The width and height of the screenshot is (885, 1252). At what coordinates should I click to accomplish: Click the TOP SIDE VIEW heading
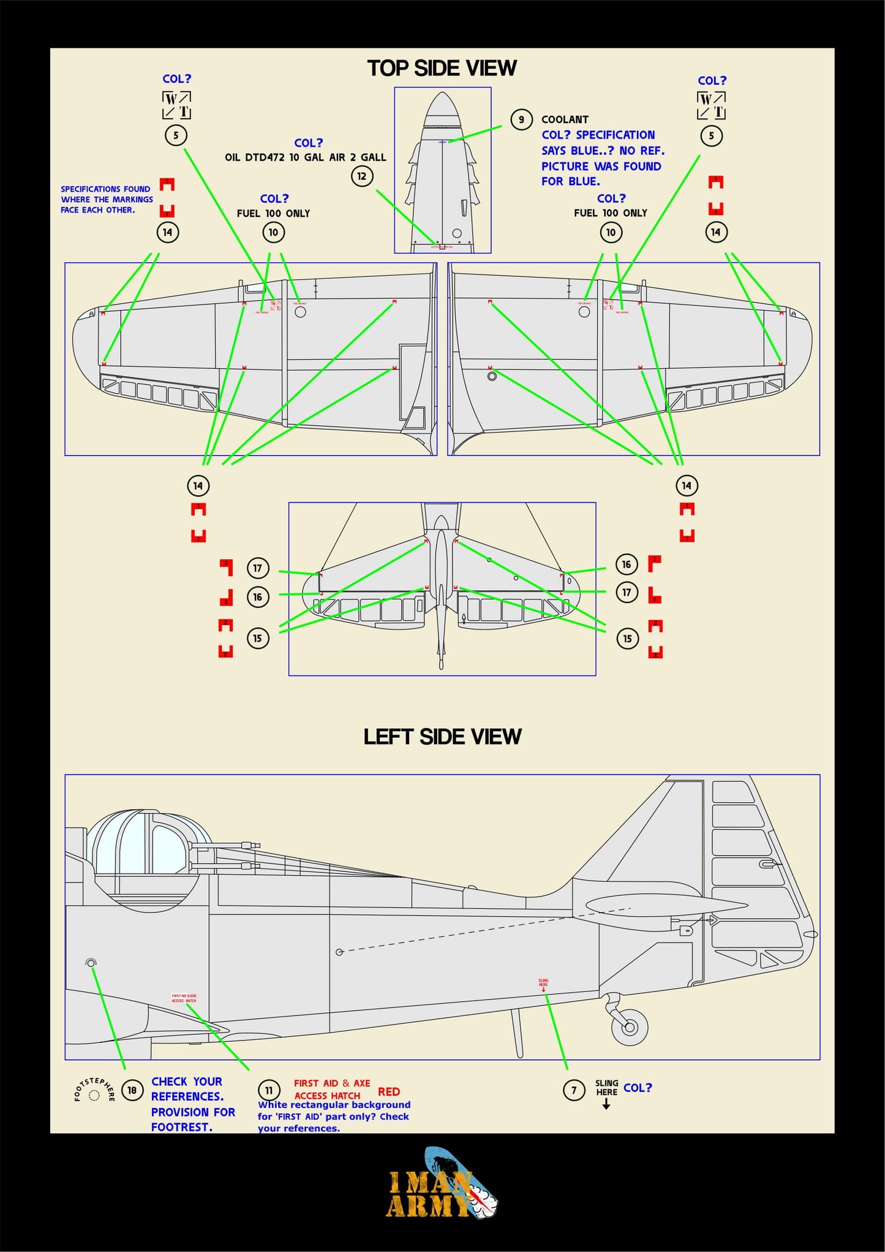pos(442,68)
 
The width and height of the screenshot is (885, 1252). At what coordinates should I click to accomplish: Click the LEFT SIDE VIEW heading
pos(442,736)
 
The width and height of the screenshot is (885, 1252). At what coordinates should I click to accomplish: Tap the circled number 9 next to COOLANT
pos(521,120)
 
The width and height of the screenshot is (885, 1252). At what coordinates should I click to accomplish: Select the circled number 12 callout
pos(362,176)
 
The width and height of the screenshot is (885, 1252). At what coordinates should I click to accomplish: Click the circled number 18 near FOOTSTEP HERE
pos(132,1090)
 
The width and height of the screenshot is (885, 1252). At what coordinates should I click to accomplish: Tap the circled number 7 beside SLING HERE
pos(574,1090)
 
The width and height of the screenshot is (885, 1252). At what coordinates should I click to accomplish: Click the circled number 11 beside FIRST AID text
pos(269,1090)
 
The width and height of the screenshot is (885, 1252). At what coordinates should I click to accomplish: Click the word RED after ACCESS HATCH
pos(389,1091)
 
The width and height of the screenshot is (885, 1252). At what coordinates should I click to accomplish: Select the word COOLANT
pos(565,120)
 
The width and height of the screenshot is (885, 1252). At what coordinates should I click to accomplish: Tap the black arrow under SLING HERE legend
pos(606,1104)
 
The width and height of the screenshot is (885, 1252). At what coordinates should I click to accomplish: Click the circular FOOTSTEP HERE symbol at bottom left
pos(94,1095)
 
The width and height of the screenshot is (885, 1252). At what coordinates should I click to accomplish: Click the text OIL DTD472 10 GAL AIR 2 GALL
pos(305,157)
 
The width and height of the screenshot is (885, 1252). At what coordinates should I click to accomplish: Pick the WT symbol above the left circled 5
pos(176,105)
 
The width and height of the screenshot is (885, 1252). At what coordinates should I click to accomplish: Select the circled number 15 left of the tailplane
pos(258,638)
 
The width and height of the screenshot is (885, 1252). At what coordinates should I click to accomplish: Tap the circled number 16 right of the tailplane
pos(627,564)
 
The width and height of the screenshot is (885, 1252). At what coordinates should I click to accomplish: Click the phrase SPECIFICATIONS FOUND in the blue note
pos(105,189)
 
